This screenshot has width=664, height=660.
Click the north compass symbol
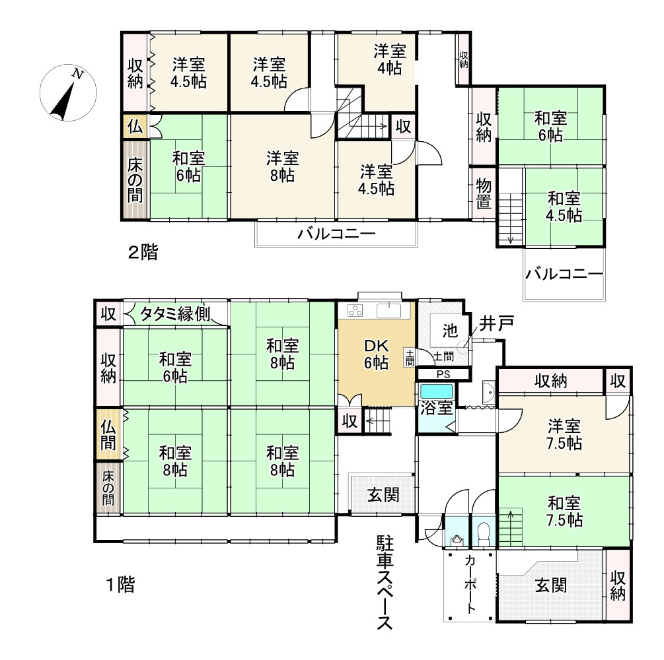[68, 93]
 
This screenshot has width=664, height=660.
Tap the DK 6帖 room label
[377, 354]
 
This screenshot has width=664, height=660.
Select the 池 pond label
[450, 331]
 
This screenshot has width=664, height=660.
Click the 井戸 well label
[496, 323]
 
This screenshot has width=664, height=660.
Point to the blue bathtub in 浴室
[436, 391]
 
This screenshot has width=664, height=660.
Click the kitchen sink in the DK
[388, 311]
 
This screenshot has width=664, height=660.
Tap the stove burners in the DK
[355, 311]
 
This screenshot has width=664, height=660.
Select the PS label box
[443, 374]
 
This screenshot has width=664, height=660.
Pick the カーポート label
[470, 584]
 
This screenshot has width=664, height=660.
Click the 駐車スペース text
[385, 583]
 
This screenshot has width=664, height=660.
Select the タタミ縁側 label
[174, 314]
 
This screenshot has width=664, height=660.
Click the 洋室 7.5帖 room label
[564, 434]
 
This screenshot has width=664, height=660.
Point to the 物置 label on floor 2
[484, 194]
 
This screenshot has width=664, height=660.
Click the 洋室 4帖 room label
[390, 59]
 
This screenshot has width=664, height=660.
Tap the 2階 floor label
[143, 253]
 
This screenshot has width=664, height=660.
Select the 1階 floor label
[120, 585]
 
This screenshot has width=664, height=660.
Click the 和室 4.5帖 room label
[564, 207]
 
